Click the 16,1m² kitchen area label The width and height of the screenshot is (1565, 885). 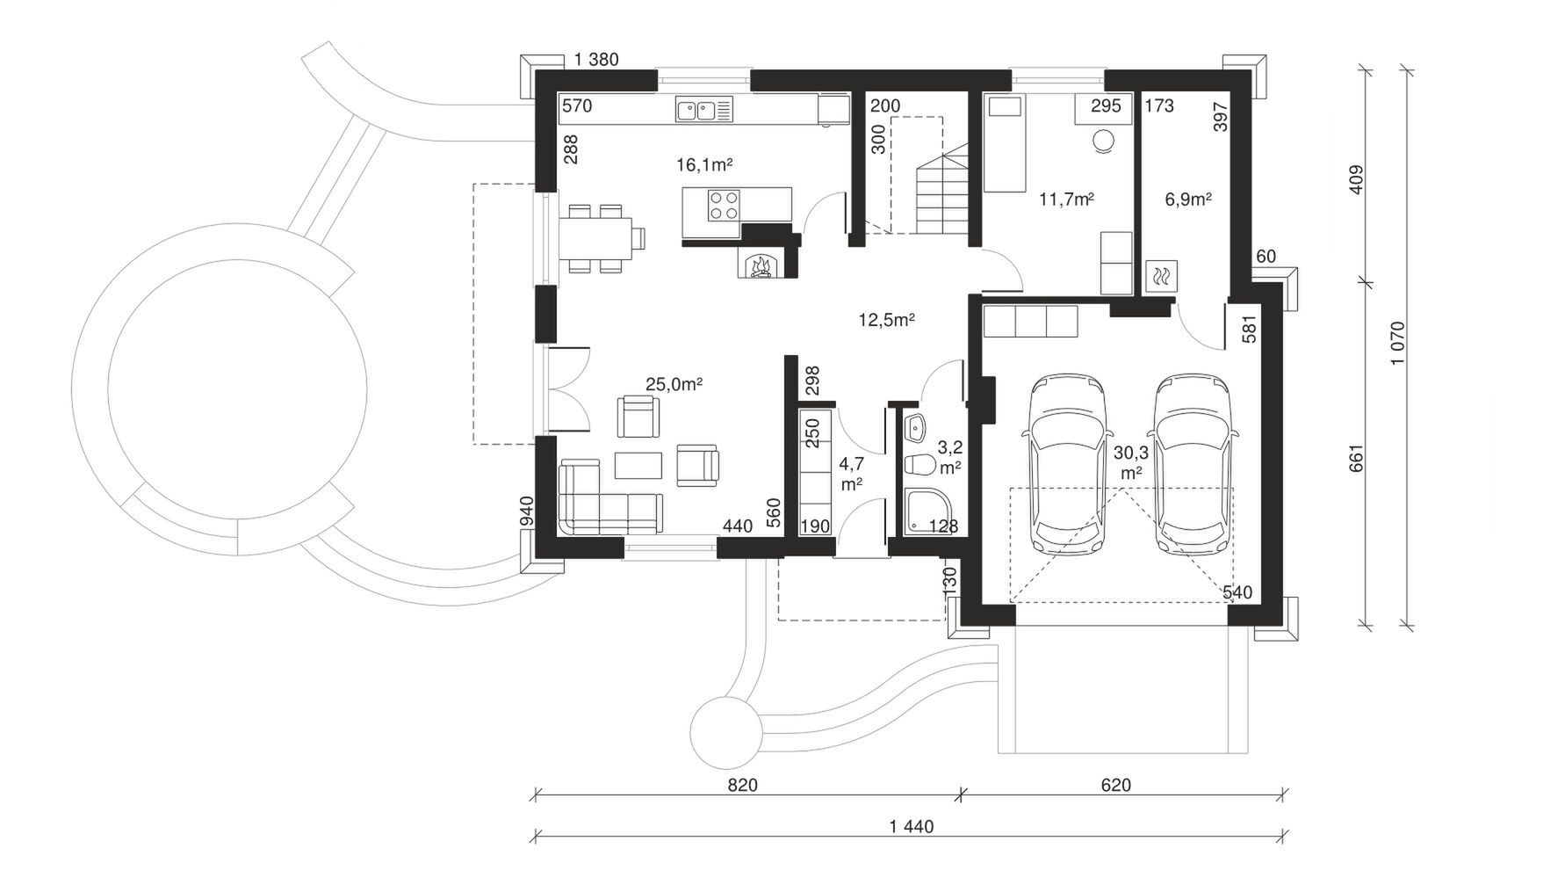[x=704, y=164]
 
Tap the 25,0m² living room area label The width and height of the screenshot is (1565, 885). [x=674, y=384]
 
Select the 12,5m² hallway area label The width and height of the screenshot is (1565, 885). [x=886, y=320]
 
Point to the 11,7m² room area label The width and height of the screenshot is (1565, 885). [x=1066, y=199]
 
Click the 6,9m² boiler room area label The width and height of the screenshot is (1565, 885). [x=1188, y=199]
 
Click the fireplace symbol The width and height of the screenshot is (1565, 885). [x=757, y=265]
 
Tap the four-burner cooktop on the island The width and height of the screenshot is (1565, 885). [x=724, y=206]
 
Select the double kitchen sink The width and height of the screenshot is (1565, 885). [x=703, y=110]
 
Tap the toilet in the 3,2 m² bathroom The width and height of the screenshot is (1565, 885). [x=920, y=464]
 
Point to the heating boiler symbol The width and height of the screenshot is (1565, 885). [x=1161, y=277]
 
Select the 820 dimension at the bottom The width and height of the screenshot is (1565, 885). [x=742, y=785]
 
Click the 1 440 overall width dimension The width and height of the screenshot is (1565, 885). [x=912, y=826]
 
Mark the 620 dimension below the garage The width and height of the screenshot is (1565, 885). [x=1116, y=785]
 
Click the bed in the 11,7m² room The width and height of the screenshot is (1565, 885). [x=1003, y=144]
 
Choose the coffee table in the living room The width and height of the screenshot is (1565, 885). [x=638, y=465]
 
